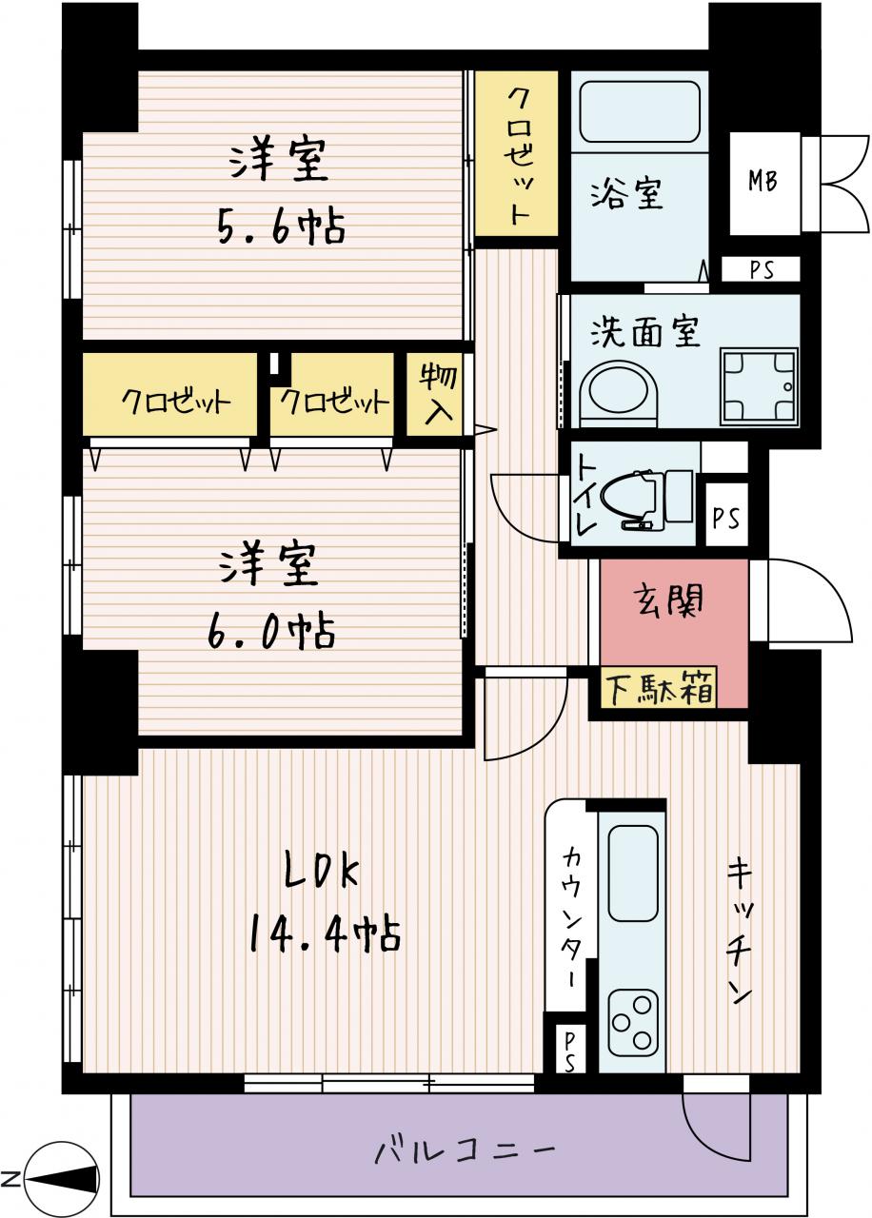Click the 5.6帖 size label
coord(281,227)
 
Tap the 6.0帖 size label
coord(271,631)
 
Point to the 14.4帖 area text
coord(325,934)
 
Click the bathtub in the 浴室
coord(639,111)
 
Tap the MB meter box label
coord(763,181)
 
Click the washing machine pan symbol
coord(759,386)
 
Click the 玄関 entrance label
coord(668,600)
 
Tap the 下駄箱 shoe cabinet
coord(659,689)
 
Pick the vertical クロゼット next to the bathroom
coord(517,153)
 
